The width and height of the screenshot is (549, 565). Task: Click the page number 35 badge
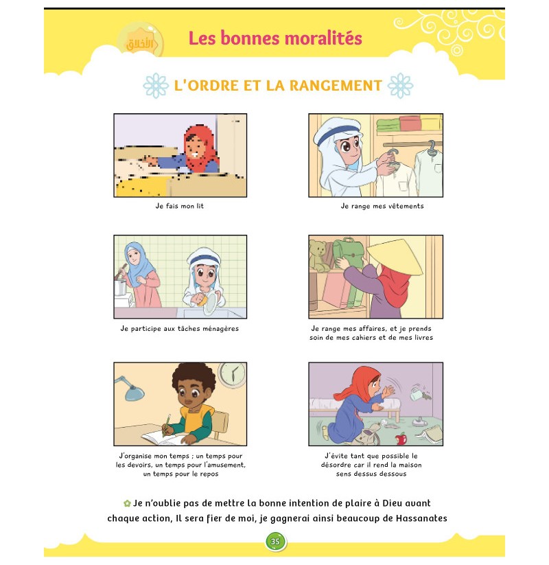click(x=275, y=541)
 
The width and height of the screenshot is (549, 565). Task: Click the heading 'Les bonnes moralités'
click(x=275, y=38)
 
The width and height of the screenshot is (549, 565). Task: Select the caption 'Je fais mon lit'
click(x=180, y=206)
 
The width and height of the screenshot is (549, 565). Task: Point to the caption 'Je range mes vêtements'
click(x=382, y=206)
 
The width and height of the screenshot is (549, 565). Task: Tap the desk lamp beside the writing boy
click(x=130, y=388)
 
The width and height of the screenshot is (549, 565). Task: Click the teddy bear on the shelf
click(x=319, y=255)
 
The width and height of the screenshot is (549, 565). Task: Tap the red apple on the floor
click(x=402, y=437)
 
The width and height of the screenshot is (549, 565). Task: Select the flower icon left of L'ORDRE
click(x=156, y=86)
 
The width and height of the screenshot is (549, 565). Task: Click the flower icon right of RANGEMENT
click(x=400, y=86)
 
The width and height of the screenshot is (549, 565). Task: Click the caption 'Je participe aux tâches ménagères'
click(x=180, y=328)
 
